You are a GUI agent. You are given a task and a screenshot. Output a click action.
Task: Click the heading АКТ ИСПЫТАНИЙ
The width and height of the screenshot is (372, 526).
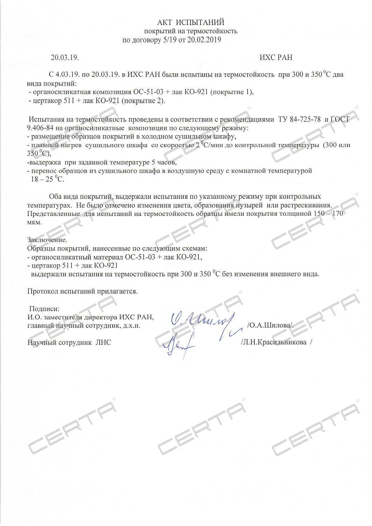[x=190, y=23]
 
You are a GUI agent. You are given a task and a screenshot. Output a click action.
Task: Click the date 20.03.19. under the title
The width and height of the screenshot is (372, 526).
[x=65, y=58]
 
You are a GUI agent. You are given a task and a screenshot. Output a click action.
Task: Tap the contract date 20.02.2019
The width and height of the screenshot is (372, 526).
[x=204, y=40]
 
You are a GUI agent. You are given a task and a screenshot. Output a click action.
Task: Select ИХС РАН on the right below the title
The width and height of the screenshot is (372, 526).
[x=276, y=58]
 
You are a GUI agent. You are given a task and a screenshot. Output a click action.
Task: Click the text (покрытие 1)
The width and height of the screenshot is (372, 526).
[x=232, y=92]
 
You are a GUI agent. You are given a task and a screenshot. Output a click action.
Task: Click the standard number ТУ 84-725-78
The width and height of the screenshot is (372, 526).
[x=299, y=119]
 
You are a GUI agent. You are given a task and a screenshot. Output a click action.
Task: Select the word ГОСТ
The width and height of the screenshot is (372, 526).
[x=340, y=119]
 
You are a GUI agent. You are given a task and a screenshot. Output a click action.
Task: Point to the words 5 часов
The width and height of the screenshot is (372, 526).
[x=164, y=162]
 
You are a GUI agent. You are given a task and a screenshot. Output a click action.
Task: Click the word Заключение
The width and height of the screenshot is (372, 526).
[x=47, y=240]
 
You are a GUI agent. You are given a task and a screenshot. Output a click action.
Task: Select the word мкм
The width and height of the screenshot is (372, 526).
[x=34, y=222]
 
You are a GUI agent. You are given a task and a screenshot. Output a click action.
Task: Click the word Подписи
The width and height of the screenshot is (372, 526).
[x=44, y=309]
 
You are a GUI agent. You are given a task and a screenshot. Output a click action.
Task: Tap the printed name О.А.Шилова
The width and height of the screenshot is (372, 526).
[x=270, y=325]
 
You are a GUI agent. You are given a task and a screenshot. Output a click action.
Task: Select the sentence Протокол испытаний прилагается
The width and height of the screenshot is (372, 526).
[x=82, y=291]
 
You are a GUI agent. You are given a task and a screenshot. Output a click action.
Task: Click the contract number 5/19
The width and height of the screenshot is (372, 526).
[x=170, y=40]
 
